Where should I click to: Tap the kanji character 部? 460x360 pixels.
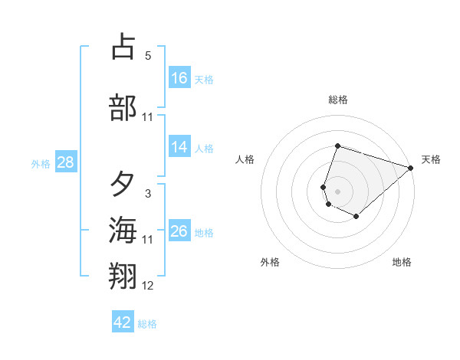(x=123, y=107)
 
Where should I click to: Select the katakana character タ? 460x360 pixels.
(x=123, y=185)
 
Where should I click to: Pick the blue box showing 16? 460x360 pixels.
(x=179, y=78)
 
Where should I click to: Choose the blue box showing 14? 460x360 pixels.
(x=179, y=147)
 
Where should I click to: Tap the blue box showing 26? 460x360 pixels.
(x=179, y=231)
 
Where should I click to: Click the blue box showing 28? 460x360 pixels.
(x=65, y=162)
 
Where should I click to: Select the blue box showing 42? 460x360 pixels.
(x=123, y=322)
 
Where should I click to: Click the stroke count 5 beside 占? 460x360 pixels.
(x=148, y=56)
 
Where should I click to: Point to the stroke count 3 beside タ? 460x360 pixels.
(x=148, y=194)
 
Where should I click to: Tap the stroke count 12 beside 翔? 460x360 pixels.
(x=148, y=286)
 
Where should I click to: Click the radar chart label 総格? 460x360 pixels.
(x=338, y=100)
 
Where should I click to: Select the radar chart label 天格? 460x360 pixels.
(x=431, y=159)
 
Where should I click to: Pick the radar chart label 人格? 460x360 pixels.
(x=245, y=159)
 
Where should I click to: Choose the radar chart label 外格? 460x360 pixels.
(x=270, y=263)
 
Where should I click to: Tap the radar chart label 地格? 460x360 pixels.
(x=402, y=263)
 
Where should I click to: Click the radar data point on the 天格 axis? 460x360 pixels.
(x=411, y=168)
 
